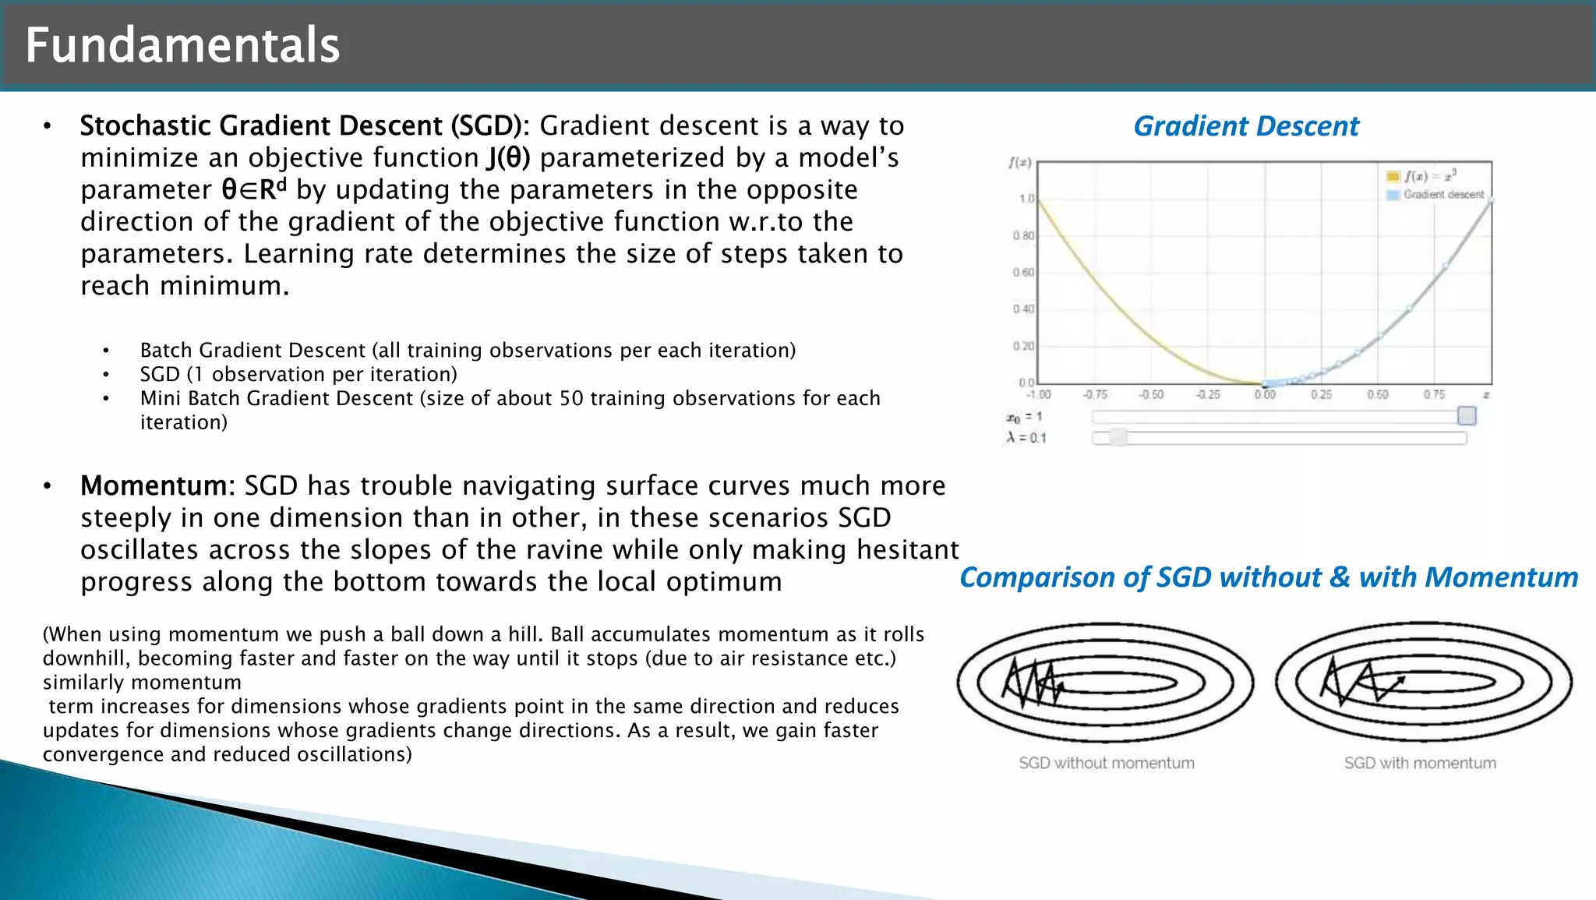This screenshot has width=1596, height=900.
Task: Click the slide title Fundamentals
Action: click(182, 45)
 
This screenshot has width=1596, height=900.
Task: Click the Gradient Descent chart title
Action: click(1245, 126)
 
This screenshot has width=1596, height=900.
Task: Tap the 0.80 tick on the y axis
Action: click(1023, 235)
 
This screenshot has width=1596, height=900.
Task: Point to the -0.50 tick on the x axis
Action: click(1151, 395)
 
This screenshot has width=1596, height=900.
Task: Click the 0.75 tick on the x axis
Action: click(1433, 395)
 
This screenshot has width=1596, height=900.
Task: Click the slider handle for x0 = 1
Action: click(1466, 416)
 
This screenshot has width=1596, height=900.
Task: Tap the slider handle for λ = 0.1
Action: click(1118, 438)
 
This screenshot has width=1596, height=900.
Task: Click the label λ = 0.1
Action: click(1026, 438)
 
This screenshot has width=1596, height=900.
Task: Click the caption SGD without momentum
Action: click(1106, 763)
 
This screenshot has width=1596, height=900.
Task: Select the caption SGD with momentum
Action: click(1419, 763)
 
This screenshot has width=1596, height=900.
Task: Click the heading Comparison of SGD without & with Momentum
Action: click(1268, 577)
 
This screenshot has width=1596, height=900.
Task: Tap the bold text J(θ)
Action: click(508, 158)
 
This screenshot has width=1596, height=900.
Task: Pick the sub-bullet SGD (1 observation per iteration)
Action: click(298, 375)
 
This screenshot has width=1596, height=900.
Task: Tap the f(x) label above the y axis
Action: click(1019, 163)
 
